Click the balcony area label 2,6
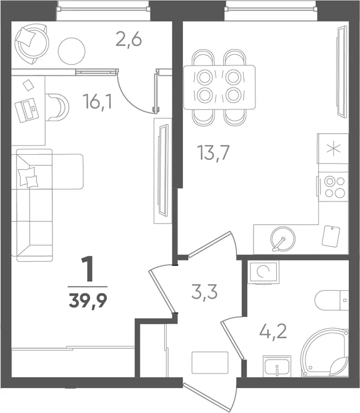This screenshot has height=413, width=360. click(128, 41)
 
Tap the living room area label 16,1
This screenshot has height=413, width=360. click(98, 102)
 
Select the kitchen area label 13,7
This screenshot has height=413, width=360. click(213, 153)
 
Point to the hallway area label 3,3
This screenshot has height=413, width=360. click(205, 292)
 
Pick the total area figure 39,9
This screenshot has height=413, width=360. click(88, 300)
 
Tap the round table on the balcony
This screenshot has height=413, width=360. click(72, 50)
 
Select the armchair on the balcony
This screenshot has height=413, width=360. click(31, 44)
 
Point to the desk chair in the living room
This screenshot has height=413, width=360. click(57, 107)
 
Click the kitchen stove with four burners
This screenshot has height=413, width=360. click(333, 187)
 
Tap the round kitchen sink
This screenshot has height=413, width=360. click(283, 239)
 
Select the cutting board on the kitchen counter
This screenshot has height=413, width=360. click(331, 236)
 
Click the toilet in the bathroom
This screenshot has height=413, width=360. click(332, 301)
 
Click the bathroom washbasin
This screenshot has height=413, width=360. click(277, 366)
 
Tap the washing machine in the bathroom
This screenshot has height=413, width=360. click(263, 273)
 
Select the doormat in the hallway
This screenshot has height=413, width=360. click(210, 362)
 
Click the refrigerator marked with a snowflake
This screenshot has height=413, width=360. click(333, 148)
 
